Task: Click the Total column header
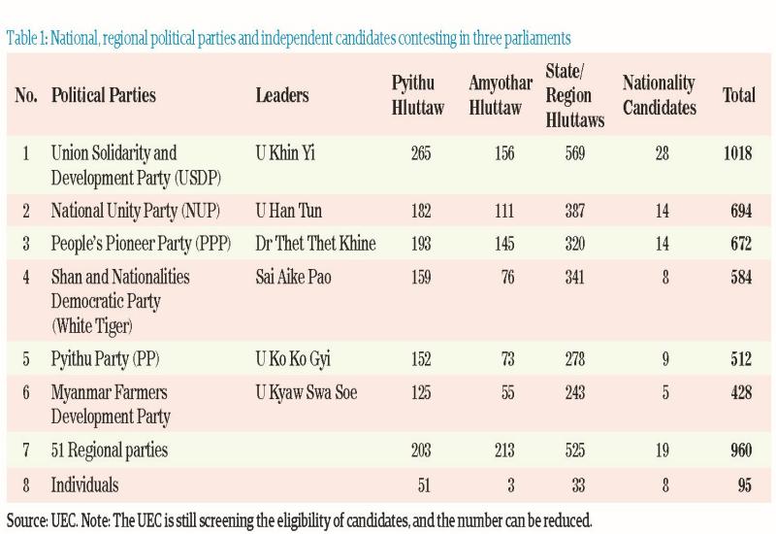click(739, 95)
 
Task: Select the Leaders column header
click(282, 95)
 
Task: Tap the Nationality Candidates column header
click(659, 95)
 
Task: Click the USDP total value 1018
click(737, 153)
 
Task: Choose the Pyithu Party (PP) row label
click(104, 358)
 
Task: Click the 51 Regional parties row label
click(110, 450)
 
